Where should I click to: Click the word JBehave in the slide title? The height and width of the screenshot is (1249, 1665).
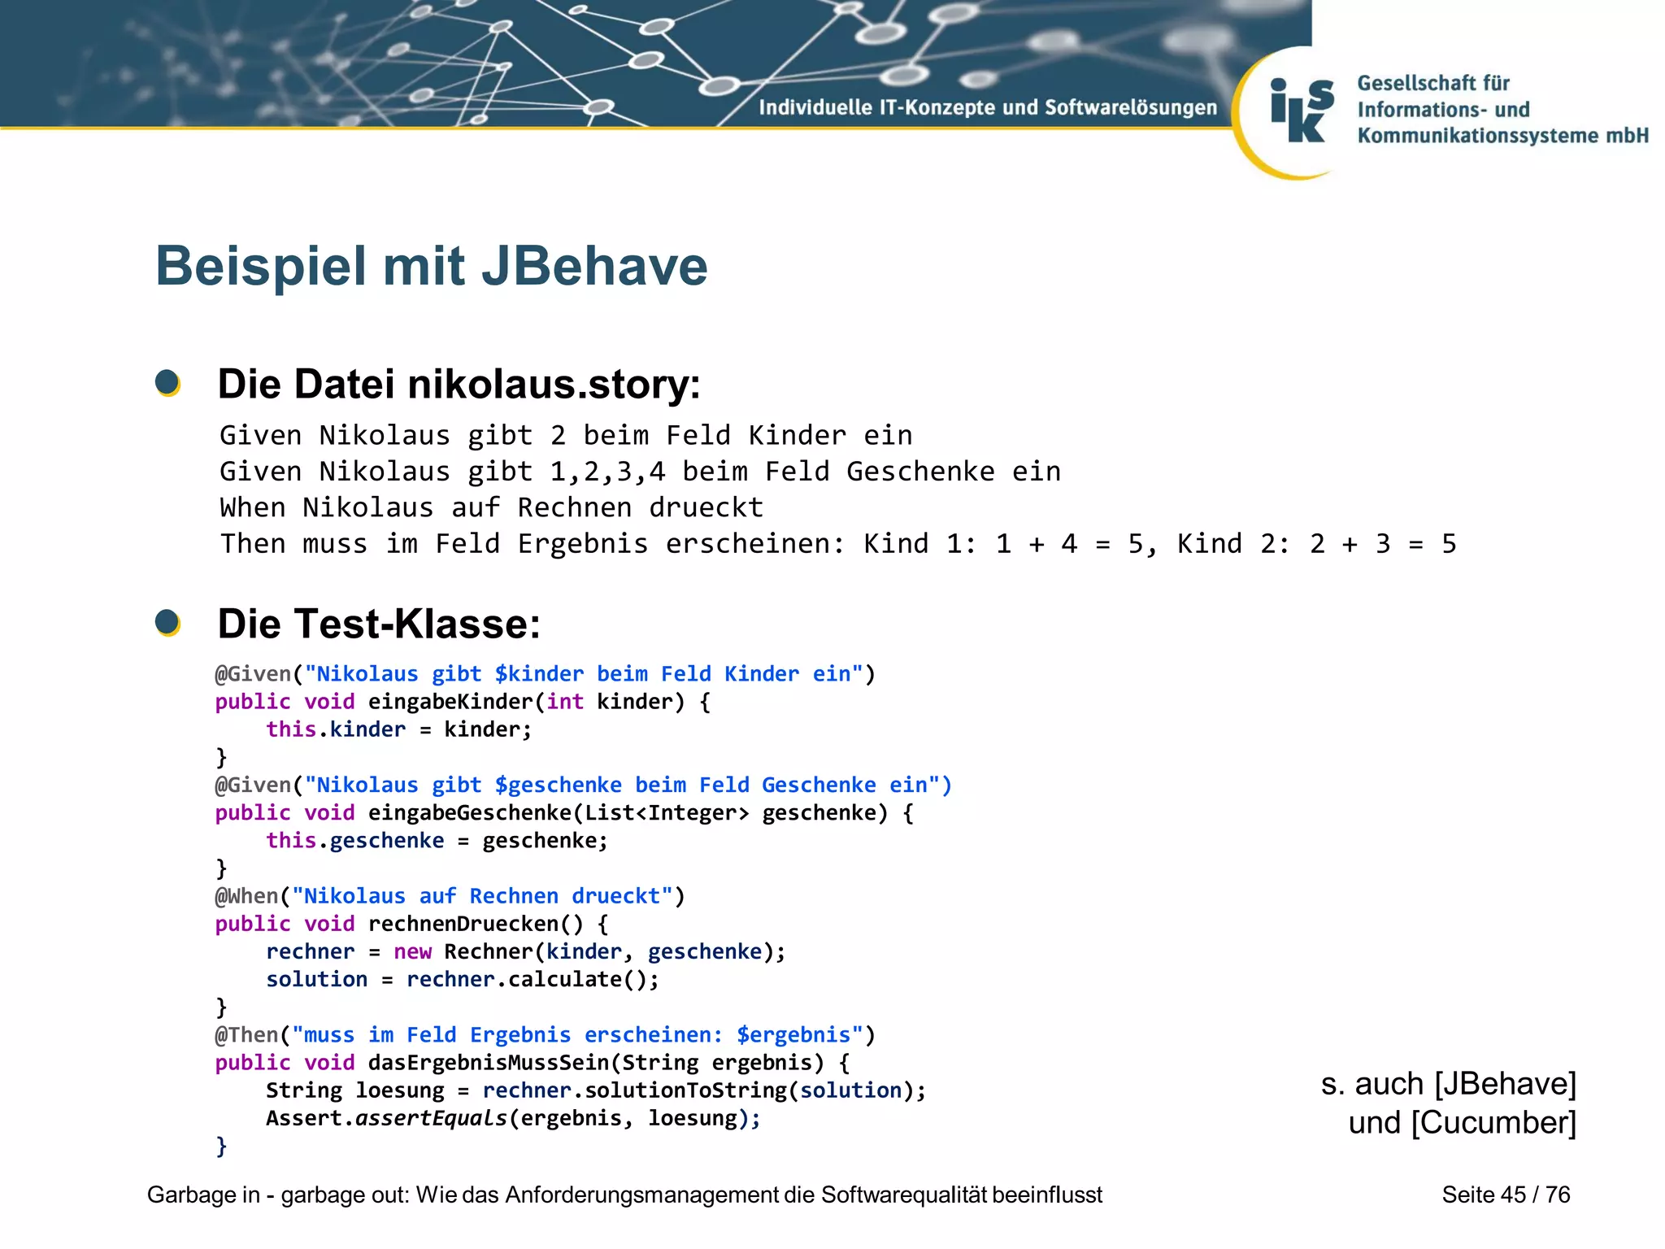point(594,267)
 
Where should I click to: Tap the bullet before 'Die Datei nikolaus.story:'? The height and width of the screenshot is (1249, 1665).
point(167,382)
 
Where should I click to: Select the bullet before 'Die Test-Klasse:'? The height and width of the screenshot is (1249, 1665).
point(167,623)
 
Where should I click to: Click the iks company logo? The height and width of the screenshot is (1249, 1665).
point(1302,111)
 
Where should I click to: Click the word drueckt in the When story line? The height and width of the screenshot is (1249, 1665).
point(706,508)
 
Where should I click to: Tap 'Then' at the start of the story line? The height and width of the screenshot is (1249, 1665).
point(252,544)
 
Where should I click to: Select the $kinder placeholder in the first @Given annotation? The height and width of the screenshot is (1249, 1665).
point(539,674)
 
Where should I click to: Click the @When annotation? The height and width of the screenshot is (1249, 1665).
point(246,896)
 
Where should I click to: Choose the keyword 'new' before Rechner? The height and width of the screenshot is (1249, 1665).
point(412,951)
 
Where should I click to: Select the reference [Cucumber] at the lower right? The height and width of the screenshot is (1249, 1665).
point(1493,1123)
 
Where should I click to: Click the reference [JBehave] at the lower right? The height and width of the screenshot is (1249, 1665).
point(1505,1084)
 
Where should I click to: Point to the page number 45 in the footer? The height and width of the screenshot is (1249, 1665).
point(1513,1195)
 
